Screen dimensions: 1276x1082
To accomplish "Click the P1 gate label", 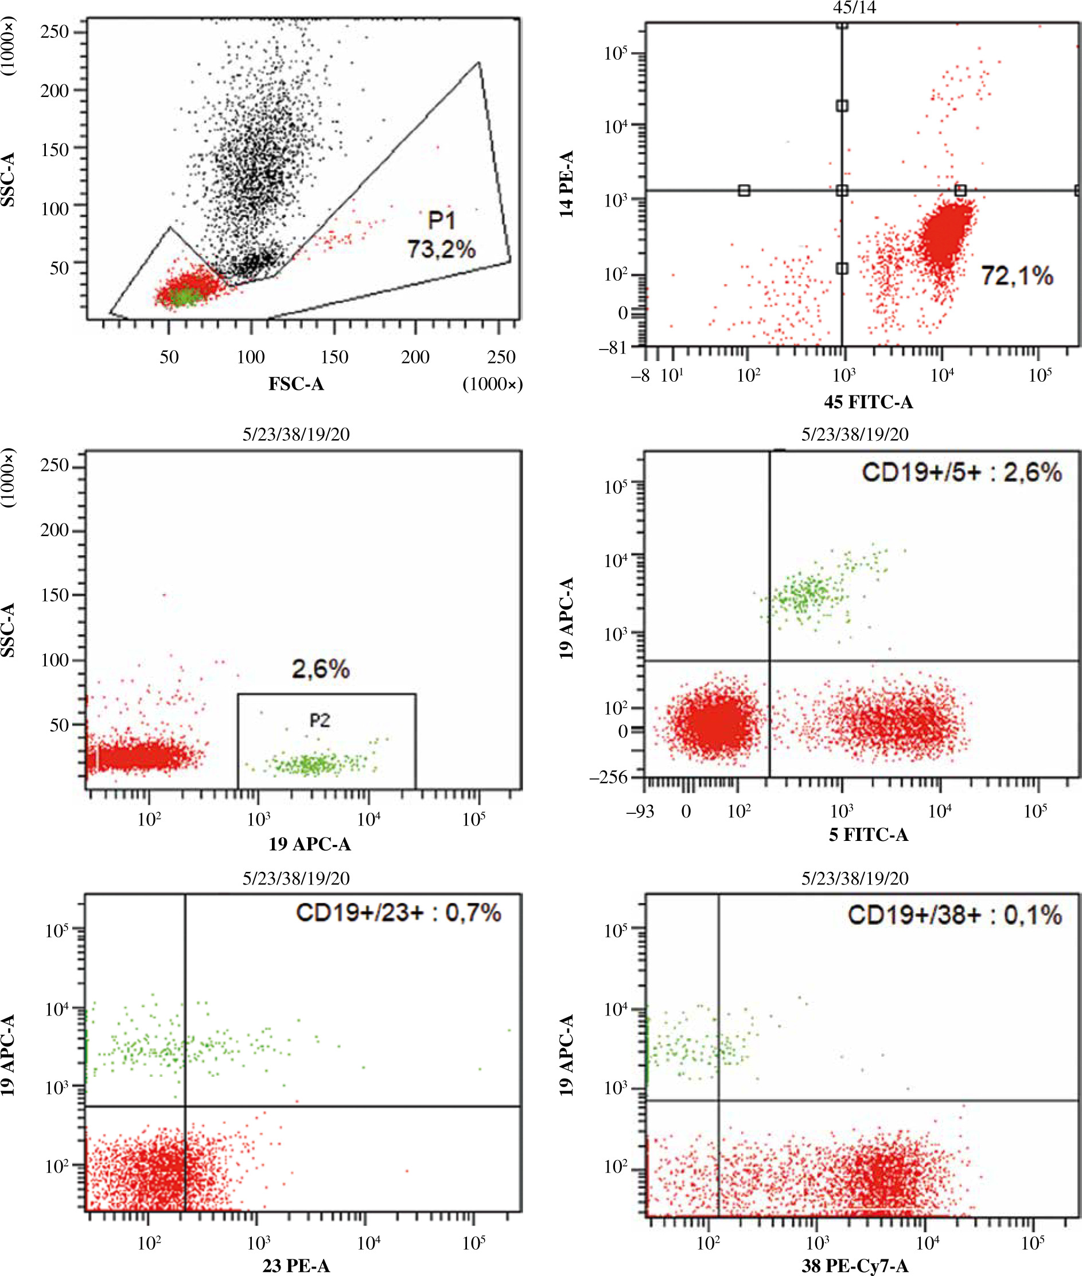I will point(441,220).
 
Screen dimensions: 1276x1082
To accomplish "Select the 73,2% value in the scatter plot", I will point(441,249).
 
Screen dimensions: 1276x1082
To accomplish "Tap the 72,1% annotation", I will point(1017,276).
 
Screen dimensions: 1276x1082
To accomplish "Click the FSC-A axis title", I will point(295,383).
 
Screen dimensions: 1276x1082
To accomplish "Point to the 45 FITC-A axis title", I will point(868,402).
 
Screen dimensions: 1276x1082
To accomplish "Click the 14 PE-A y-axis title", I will point(567,184).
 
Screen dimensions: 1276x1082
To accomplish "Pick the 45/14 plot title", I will point(854,7).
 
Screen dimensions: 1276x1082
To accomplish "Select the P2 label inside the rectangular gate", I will point(320,720).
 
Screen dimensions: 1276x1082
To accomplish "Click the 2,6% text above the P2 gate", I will point(320,668).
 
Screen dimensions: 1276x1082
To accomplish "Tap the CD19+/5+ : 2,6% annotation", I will point(961,472).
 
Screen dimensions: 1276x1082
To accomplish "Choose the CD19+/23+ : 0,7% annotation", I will point(398,913).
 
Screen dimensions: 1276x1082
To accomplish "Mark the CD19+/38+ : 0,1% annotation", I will point(955,915).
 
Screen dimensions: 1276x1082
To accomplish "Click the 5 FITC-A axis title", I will point(868,835).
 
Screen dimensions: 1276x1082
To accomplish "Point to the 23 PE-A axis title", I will point(296,1266).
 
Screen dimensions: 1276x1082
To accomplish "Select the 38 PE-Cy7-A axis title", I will point(854,1266).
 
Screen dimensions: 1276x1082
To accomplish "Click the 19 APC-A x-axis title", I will point(310,844).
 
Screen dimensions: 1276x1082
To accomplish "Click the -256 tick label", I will point(609,778).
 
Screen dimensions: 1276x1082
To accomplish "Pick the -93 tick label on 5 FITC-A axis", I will point(640,812).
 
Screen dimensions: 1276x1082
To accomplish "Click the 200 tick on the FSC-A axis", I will point(415,356).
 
